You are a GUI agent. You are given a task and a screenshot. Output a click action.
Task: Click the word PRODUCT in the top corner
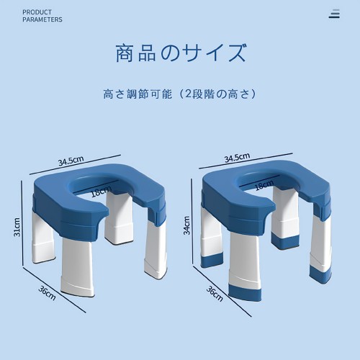[37, 12]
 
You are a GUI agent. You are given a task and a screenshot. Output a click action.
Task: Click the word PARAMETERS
[42, 19]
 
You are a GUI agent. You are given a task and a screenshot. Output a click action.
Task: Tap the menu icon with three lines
[334, 14]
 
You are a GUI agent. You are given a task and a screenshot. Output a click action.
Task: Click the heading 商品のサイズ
[181, 53]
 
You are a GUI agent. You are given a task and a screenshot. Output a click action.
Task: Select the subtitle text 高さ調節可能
[138, 94]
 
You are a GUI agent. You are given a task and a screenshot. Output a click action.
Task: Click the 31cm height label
[17, 227]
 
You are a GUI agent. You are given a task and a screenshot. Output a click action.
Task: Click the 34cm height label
[186, 225]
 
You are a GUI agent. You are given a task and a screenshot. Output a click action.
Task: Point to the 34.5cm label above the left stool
[71, 161]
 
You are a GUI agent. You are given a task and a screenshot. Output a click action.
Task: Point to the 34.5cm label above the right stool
[237, 157]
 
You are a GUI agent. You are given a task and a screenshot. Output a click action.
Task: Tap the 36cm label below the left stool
[47, 293]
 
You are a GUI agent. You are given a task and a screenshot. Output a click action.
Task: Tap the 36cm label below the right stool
[215, 294]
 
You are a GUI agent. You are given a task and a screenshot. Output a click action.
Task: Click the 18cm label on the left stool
[102, 191]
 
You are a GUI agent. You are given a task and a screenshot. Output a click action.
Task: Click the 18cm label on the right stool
[264, 185]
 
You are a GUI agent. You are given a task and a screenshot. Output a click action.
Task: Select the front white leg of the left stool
[77, 269]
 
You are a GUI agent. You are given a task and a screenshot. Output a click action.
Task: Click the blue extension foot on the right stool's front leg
[246, 292]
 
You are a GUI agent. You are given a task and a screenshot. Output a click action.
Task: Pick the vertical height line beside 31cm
[22, 223]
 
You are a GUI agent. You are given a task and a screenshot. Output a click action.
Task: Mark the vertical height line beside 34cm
[192, 222]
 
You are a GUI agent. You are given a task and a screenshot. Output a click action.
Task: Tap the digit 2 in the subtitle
[189, 94]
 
